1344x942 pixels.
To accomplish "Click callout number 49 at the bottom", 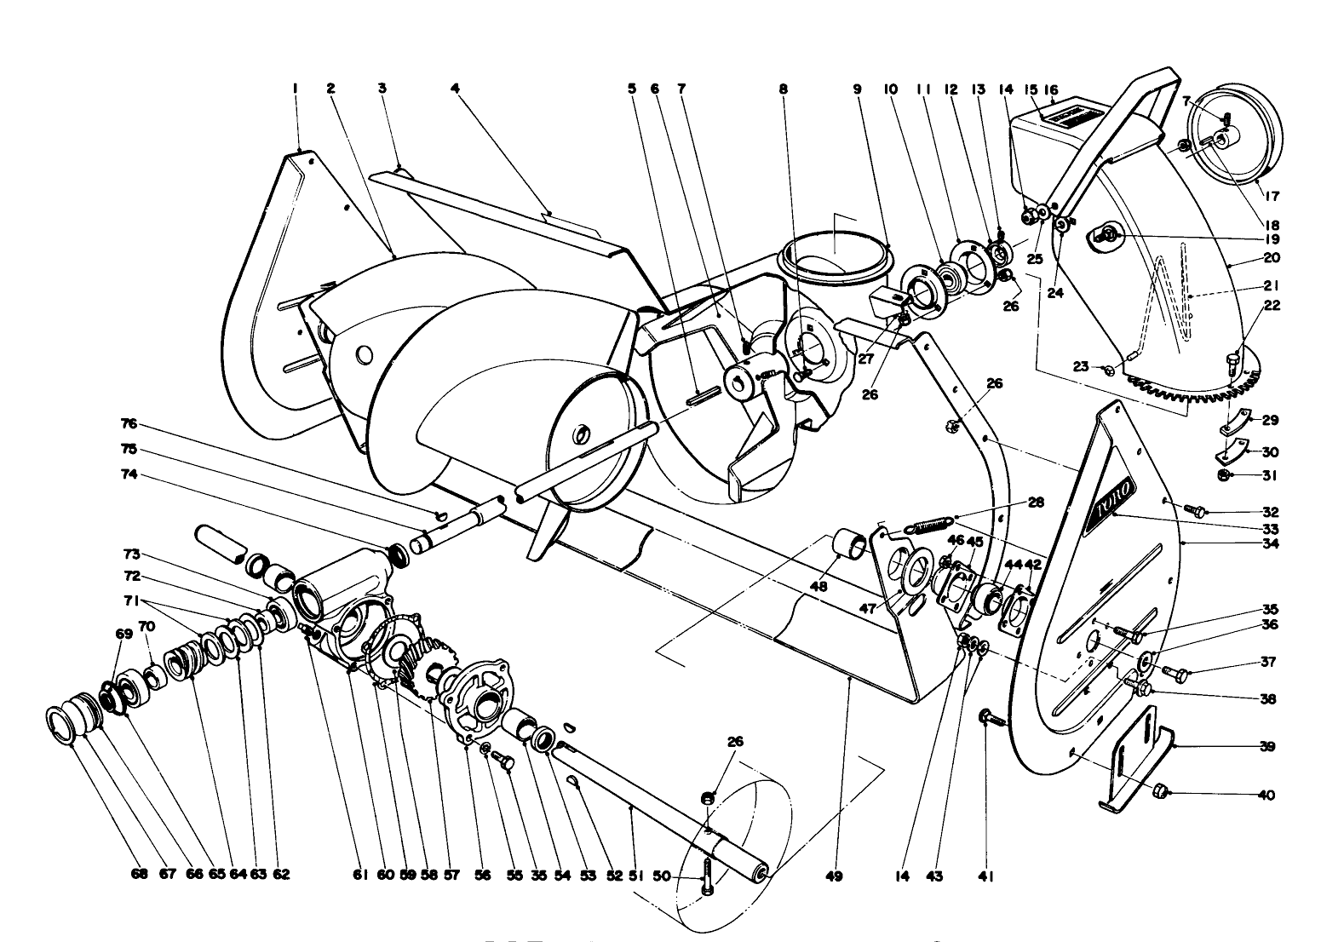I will (834, 876).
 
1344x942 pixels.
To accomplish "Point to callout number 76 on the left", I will (129, 424).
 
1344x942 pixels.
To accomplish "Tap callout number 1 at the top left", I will (295, 88).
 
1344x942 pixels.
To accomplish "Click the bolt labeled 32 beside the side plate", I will (1196, 511).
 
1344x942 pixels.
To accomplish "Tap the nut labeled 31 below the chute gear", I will (1223, 475).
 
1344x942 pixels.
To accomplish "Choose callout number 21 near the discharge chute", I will (1272, 286).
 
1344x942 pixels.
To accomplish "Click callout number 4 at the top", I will (455, 88).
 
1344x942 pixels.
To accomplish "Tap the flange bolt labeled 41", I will (988, 718).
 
